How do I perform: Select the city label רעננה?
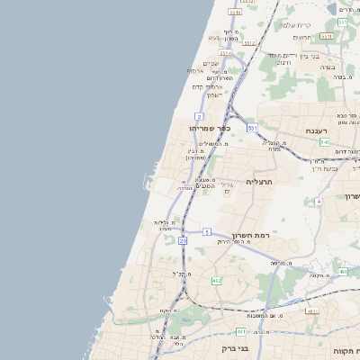point(315,131)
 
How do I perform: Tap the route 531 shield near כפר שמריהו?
point(253,130)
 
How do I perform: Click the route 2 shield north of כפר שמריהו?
point(199,117)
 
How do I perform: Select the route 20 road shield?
point(183,241)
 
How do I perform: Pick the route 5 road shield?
point(206,232)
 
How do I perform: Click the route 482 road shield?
point(216,282)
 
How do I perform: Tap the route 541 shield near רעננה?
point(324,143)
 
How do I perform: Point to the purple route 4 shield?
point(319,202)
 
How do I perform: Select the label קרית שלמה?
point(295,25)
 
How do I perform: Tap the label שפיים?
point(211,62)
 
